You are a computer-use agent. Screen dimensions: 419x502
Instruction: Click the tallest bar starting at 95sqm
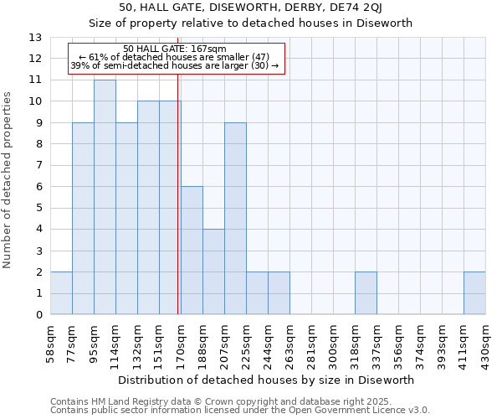(x=105, y=197)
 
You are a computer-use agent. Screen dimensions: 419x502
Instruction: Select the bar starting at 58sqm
(x=61, y=293)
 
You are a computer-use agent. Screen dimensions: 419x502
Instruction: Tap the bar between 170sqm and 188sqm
(x=192, y=251)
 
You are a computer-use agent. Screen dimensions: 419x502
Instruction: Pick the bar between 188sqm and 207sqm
(x=213, y=272)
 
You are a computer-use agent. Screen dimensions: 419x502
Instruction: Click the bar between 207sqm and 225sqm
(x=235, y=219)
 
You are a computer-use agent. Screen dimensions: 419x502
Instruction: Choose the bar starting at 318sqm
(x=366, y=293)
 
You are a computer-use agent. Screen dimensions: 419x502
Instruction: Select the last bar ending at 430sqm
(x=474, y=293)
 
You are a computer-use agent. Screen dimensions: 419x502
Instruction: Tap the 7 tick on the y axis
(x=38, y=165)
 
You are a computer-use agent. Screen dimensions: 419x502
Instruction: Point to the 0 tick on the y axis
(x=38, y=315)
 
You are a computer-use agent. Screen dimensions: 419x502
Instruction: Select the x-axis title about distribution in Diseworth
(x=266, y=380)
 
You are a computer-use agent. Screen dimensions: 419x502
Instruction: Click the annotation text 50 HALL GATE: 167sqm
(x=174, y=49)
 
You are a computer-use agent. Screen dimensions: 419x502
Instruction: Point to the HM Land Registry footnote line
(x=221, y=401)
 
